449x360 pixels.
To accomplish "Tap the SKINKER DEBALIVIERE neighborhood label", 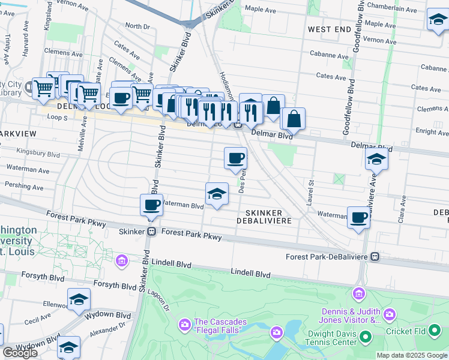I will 268,217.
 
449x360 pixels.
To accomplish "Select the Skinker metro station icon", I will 152,232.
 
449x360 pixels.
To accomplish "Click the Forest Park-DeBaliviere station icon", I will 375,257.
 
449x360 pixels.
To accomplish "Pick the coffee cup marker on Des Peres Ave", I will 235,158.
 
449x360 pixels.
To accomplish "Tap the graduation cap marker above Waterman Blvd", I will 217,194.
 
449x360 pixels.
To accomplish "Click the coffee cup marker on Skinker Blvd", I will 151,205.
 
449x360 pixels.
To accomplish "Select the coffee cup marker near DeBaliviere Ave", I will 359,217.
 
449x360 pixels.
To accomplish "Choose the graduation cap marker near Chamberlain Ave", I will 438,20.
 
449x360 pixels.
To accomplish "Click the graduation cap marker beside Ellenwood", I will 79,299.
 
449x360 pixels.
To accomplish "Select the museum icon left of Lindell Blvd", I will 122,260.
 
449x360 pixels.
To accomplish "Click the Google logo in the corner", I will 20,353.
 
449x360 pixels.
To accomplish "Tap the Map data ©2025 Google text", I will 411,355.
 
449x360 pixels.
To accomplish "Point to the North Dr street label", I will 137,26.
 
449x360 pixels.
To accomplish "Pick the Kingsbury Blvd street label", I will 38,152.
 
